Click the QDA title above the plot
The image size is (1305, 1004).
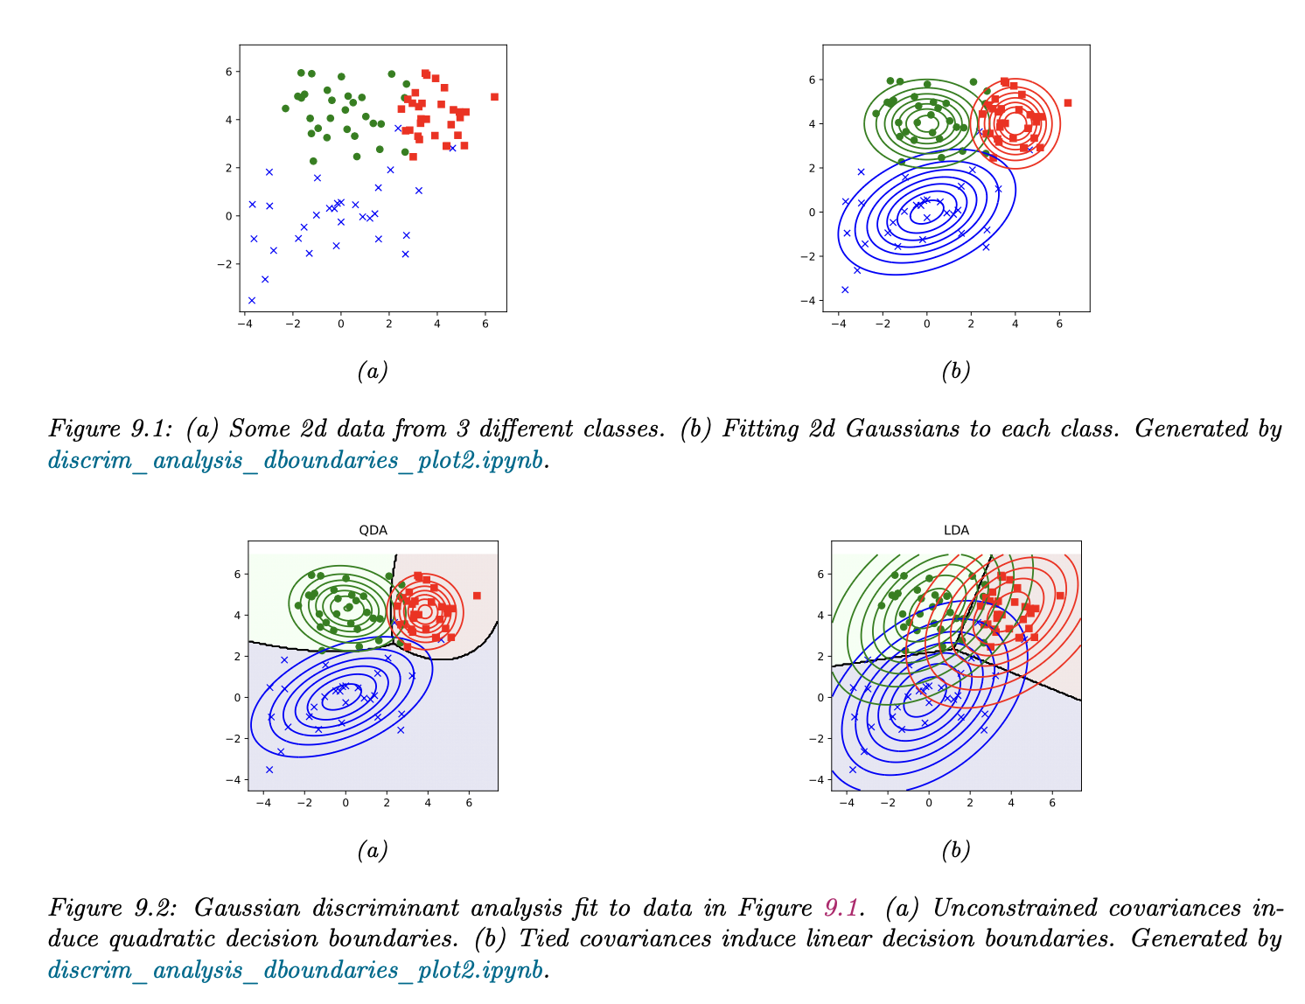click(x=373, y=530)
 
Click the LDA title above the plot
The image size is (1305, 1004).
click(x=956, y=530)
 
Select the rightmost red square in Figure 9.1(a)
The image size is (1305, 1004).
click(x=494, y=97)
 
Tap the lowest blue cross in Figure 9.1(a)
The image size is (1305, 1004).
click(x=252, y=300)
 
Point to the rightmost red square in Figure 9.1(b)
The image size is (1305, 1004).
click(x=1067, y=103)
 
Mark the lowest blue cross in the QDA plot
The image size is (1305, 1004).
click(x=269, y=770)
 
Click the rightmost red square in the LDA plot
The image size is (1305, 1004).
click(x=1060, y=596)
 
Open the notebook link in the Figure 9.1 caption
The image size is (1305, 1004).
click(x=296, y=461)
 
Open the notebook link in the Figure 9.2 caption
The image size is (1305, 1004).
click(x=296, y=970)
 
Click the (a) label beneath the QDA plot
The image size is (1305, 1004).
click(x=373, y=850)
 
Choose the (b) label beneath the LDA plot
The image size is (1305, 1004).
click(x=955, y=850)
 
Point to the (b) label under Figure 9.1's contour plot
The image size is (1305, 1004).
click(x=955, y=371)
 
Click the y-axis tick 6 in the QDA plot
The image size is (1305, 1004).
click(x=236, y=575)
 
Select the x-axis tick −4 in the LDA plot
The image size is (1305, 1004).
click(x=846, y=802)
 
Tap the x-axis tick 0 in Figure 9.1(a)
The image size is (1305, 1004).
click(x=341, y=324)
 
